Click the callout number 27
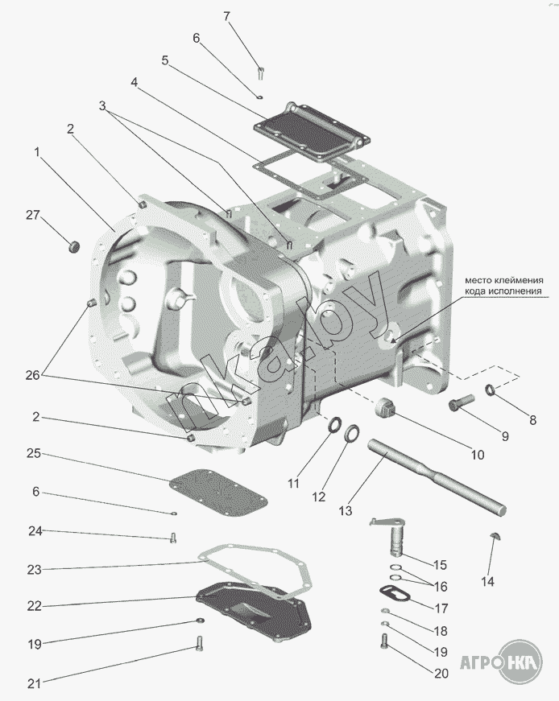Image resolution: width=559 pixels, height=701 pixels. [32, 215]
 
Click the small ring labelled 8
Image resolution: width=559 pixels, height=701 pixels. [490, 392]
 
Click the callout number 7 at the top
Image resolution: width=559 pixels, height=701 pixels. [226, 16]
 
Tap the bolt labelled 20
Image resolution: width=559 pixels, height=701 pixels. [384, 642]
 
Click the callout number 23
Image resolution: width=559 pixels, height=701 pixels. [34, 569]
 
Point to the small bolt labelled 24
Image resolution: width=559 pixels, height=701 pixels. [173, 538]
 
